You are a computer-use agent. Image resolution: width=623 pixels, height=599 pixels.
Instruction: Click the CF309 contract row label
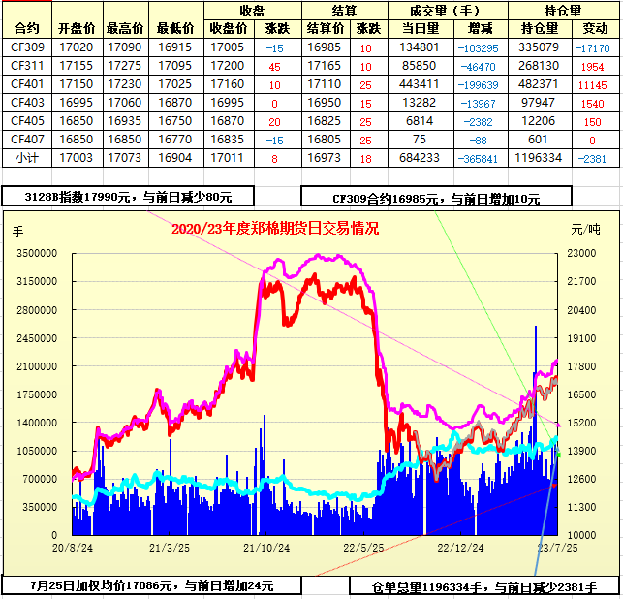[x=28, y=47]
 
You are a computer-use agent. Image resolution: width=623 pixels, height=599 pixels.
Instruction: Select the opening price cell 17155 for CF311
[x=76, y=65]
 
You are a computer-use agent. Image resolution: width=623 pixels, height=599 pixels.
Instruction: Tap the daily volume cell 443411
[x=419, y=83]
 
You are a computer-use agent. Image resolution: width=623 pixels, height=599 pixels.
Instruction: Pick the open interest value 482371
[x=540, y=83]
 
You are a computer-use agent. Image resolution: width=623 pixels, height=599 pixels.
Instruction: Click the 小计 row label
[x=28, y=157]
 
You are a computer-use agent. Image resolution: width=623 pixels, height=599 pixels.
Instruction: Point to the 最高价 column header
[x=125, y=28]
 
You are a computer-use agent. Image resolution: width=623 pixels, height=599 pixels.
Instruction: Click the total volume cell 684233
[x=419, y=157]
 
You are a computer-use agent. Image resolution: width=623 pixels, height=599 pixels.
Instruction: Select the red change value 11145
[x=591, y=83]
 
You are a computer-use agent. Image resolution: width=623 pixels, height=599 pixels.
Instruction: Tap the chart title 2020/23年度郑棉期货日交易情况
[x=274, y=229]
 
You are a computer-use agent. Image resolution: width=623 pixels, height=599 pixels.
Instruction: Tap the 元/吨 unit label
[x=585, y=230]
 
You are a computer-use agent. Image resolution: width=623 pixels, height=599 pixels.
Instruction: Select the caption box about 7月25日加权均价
[x=151, y=585]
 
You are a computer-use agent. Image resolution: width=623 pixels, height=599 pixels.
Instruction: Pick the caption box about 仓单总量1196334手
[x=484, y=586]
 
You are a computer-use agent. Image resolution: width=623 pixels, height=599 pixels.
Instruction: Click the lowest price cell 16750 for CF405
[x=174, y=120]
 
